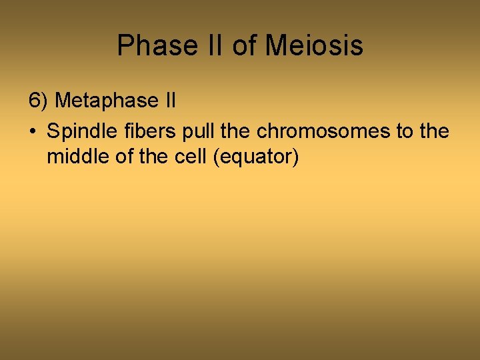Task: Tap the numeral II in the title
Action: coord(213,46)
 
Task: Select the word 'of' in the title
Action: coord(244,46)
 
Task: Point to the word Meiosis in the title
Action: coord(314,46)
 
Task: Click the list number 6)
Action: coord(39,101)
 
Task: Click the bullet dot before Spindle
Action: coord(33,132)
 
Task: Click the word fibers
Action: coord(141,131)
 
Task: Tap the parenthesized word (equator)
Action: coord(257,159)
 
